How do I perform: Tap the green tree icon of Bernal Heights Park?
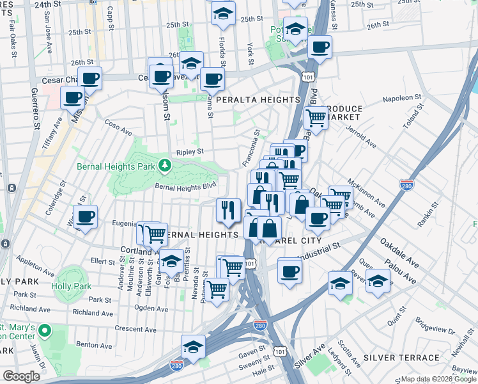pos(166,166)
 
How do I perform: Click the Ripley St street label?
pos(190,152)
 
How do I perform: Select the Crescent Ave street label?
pos(136,329)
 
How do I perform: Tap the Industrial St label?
pos(320,251)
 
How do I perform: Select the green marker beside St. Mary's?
pos(44,331)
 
